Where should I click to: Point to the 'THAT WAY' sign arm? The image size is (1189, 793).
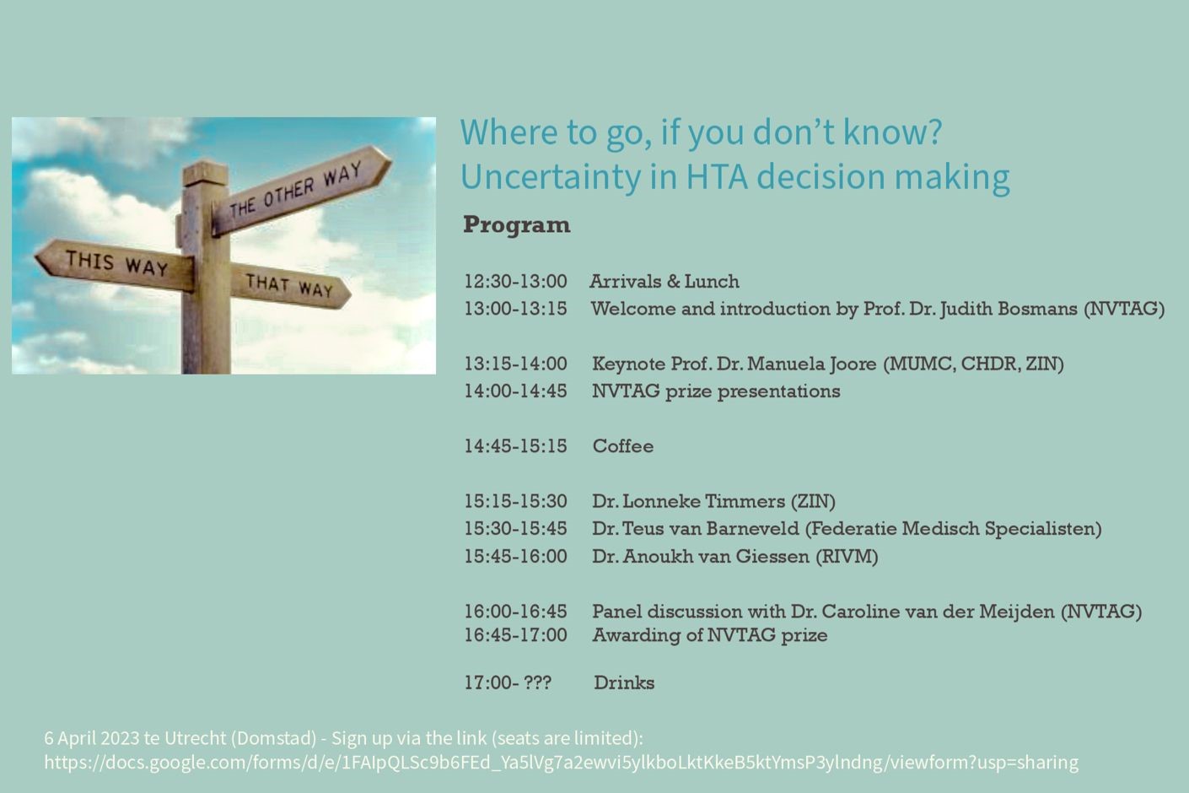290,286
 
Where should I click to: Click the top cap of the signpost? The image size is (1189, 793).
206,174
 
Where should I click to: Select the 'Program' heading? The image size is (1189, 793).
516,224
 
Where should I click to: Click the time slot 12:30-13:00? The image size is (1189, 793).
515,282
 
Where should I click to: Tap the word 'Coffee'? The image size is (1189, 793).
622,446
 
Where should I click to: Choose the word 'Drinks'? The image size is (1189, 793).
624,682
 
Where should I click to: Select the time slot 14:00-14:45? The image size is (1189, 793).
515,391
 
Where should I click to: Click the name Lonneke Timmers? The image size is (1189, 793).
704,501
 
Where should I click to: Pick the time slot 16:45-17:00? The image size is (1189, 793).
515,635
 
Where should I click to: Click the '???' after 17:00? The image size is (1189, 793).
537,682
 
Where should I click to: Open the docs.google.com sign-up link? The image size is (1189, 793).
561,763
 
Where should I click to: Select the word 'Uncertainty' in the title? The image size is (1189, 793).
550,176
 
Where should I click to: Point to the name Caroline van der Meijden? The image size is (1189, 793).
938,612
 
